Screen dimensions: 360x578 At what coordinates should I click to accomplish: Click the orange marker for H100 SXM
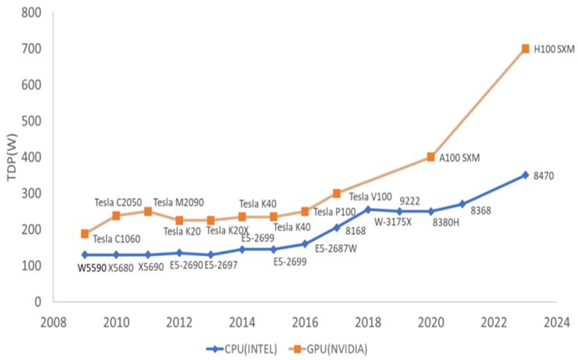point(525,49)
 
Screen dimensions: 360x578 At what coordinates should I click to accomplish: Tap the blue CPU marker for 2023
point(525,175)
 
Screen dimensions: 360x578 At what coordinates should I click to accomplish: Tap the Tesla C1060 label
point(117,238)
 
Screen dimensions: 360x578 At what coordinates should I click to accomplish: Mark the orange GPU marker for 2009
point(86,234)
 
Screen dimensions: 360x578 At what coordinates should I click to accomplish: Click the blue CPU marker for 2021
point(462,204)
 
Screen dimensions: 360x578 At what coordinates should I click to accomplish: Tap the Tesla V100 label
point(369,196)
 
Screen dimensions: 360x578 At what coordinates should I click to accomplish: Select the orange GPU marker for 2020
point(431,157)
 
